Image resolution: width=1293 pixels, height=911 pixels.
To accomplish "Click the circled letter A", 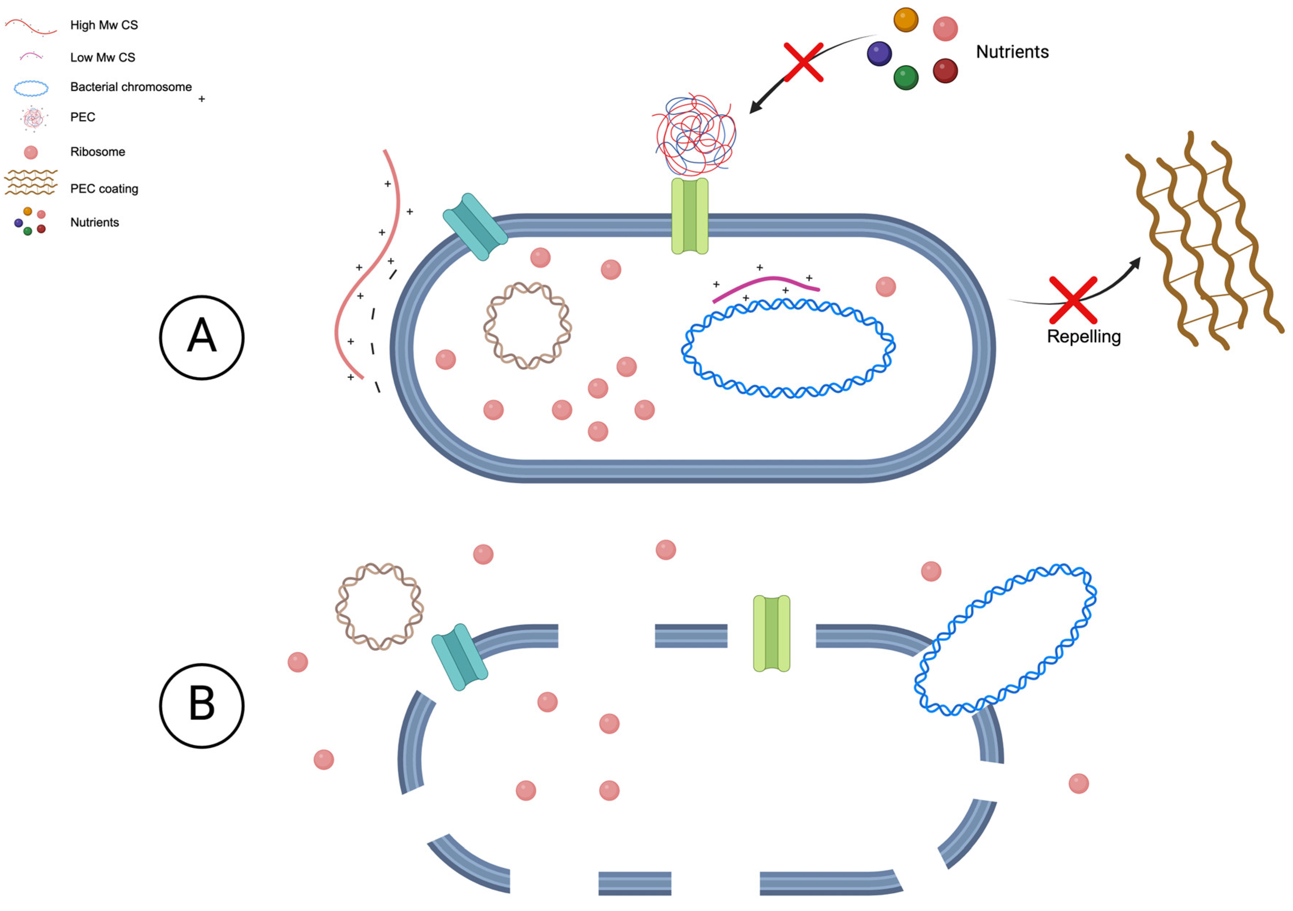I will coord(201,337).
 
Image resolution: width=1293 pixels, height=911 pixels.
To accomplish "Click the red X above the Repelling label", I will coord(1072,300).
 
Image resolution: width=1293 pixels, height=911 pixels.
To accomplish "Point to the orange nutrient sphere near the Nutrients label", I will coord(906,20).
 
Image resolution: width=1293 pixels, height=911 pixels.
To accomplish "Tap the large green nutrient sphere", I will coord(906,78).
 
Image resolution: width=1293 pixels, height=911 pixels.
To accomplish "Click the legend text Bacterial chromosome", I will coord(131,87).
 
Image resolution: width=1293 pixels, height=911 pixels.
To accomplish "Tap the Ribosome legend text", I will coord(97,151).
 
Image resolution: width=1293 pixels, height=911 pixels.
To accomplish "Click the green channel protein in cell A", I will coord(689,216).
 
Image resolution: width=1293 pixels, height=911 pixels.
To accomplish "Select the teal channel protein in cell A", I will coord(475,227).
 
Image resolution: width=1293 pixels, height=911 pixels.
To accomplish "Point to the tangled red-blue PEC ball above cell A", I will coord(695,135).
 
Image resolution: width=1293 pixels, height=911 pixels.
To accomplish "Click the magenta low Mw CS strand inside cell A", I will coord(766,285).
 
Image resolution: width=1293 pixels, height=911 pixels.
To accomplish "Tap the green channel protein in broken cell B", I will coord(771,633).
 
